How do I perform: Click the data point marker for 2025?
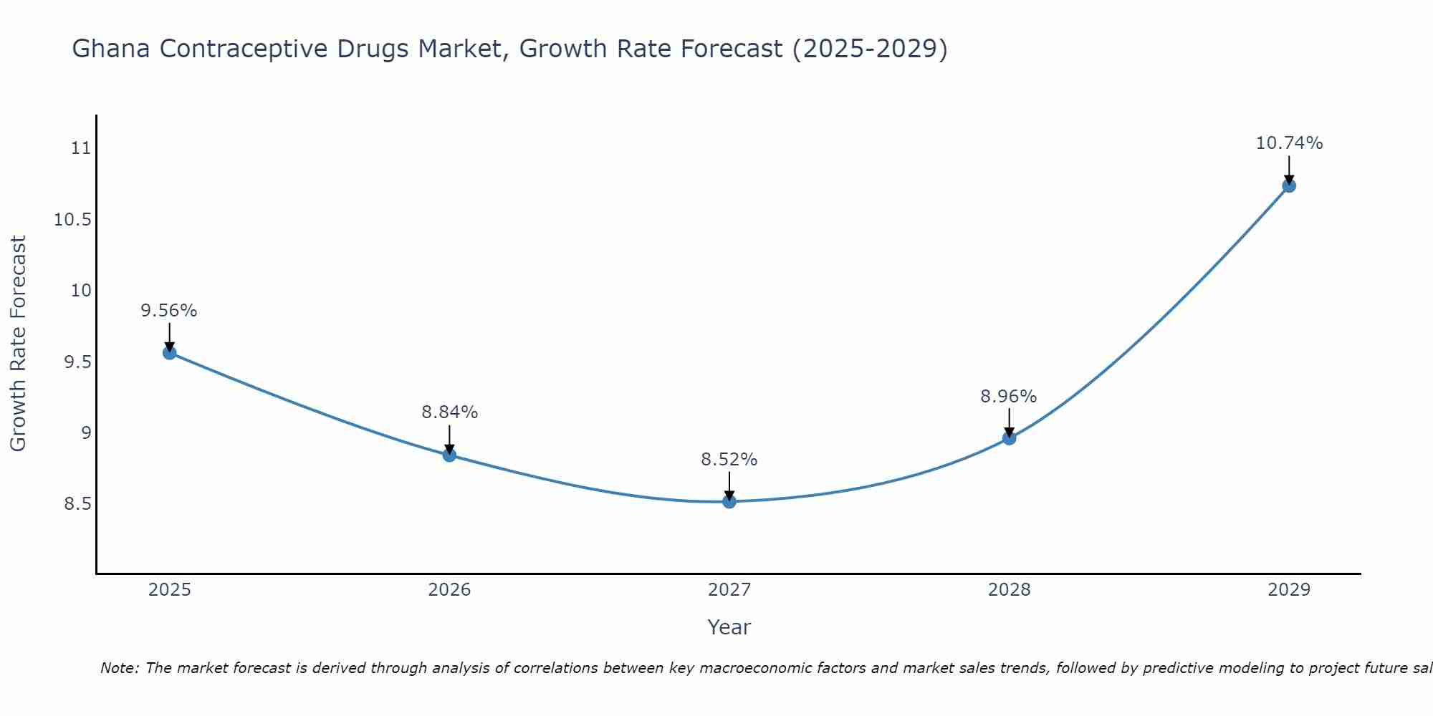[x=170, y=352]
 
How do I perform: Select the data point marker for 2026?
[x=449, y=455]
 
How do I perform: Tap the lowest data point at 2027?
[x=729, y=501]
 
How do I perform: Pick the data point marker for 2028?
[x=1009, y=437]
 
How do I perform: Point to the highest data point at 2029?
[x=1289, y=185]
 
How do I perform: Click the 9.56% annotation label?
[x=169, y=311]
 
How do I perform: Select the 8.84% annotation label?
[x=449, y=412]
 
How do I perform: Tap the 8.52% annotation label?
[x=729, y=460]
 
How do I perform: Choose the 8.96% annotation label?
[x=1009, y=397]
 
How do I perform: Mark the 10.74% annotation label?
[x=1289, y=143]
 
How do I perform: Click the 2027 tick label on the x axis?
[x=729, y=590]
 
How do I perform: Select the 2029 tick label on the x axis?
[x=1289, y=590]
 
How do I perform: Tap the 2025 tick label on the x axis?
[x=170, y=590]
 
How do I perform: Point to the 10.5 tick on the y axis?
[x=73, y=220]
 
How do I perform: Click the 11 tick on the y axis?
[x=81, y=149]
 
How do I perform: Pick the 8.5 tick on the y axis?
[x=77, y=504]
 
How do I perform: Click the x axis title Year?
[x=729, y=627]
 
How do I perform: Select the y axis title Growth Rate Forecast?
[x=19, y=344]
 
